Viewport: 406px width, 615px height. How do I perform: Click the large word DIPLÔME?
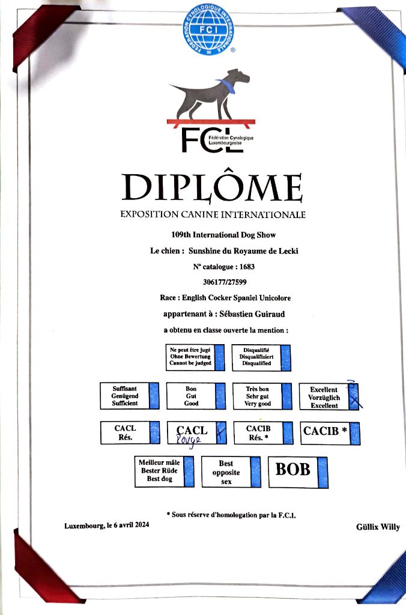(211, 187)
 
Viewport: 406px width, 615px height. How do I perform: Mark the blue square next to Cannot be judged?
(219, 356)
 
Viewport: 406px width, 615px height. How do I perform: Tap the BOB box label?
(293, 469)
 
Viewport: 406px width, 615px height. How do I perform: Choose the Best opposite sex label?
(225, 473)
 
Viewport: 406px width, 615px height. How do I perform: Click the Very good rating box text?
(257, 396)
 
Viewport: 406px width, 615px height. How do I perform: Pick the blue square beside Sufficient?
(154, 395)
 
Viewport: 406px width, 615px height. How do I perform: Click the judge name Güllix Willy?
(377, 527)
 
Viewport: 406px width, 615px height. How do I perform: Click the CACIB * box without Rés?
(325, 431)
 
